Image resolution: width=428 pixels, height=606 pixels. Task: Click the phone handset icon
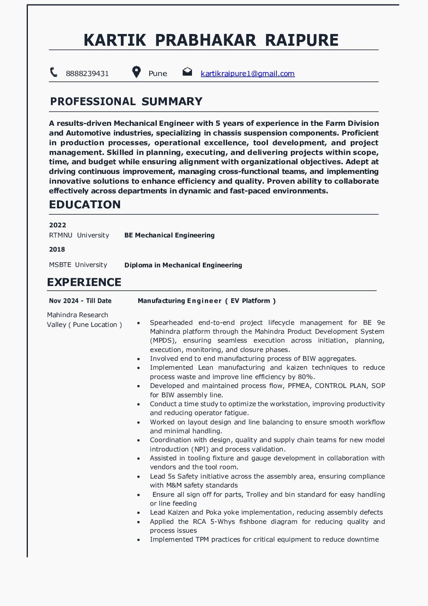pos(54,72)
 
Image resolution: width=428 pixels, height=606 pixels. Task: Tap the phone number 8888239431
pos(87,74)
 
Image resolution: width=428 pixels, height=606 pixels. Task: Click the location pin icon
pos(137,72)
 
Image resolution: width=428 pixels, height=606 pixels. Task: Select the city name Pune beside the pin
pos(158,74)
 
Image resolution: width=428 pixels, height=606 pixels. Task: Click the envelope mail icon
pos(187,72)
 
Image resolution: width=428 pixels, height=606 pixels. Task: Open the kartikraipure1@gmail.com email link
pos(247,74)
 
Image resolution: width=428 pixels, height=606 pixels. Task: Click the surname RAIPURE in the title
pos(301,40)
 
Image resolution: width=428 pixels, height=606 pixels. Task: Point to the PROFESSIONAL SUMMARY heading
pos(126,102)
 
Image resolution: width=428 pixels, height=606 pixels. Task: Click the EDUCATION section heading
pos(85,205)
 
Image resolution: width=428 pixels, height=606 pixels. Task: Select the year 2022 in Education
pos(57,225)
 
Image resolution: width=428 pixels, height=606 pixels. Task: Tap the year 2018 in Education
pos(57,250)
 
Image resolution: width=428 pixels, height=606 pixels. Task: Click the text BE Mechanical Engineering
pos(169,235)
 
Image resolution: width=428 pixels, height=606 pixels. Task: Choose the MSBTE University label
pos(78,265)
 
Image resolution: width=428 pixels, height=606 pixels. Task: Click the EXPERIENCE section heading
pos(84,282)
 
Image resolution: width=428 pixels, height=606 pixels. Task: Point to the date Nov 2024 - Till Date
pos(80,301)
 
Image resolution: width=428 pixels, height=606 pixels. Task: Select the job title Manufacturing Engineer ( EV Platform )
pos(207,301)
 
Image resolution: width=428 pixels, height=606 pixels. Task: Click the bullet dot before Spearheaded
pos(139,323)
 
